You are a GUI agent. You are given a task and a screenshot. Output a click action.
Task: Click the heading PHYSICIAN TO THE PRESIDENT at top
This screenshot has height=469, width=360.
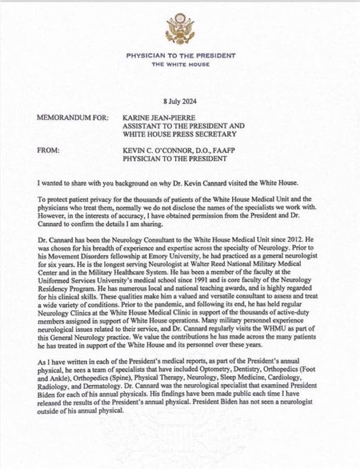[181, 55]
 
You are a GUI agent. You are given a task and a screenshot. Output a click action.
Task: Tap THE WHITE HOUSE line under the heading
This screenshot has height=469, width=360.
[181, 64]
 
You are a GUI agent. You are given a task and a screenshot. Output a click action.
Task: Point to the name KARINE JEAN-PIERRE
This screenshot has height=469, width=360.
[158, 117]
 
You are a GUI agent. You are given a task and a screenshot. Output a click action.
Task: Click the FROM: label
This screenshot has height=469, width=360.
[48, 150]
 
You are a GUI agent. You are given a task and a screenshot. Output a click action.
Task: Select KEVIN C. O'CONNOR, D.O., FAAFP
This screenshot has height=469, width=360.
[183, 150]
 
